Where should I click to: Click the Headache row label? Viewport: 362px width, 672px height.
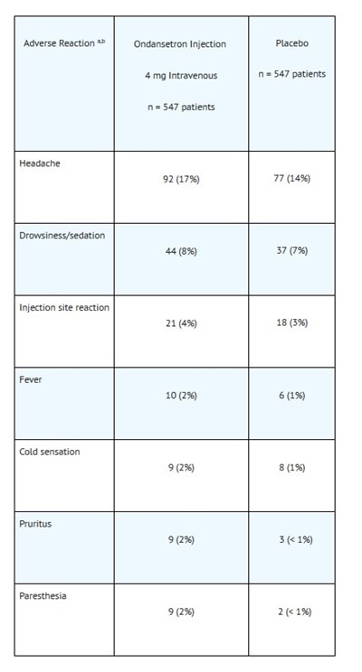[40, 163]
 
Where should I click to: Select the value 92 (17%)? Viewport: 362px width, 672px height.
[181, 179]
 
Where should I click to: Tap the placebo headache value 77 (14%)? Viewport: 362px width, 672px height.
[292, 178]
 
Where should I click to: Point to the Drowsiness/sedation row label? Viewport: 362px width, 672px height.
[62, 235]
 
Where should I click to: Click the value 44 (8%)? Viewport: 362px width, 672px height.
[181, 251]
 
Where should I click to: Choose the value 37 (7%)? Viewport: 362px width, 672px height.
[292, 250]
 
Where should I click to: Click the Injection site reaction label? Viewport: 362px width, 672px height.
[64, 307]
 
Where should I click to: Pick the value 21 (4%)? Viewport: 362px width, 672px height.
[181, 323]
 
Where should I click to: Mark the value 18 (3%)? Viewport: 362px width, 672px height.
[292, 322]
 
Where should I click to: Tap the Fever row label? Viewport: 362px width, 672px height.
[31, 379]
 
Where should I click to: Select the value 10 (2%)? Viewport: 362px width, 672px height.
[181, 395]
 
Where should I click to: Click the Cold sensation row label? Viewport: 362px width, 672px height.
[50, 452]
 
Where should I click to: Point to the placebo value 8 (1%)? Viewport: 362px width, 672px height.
[292, 467]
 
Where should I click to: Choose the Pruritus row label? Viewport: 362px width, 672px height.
[35, 524]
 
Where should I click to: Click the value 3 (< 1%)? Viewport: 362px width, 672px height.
[295, 539]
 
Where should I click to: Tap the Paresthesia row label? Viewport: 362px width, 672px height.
[43, 596]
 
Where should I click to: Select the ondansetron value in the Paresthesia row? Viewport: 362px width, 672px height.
[181, 611]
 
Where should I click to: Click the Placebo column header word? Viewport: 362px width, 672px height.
[292, 43]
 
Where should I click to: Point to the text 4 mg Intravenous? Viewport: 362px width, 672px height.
[181, 76]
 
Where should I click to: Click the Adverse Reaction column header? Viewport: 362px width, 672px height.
[64, 42]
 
